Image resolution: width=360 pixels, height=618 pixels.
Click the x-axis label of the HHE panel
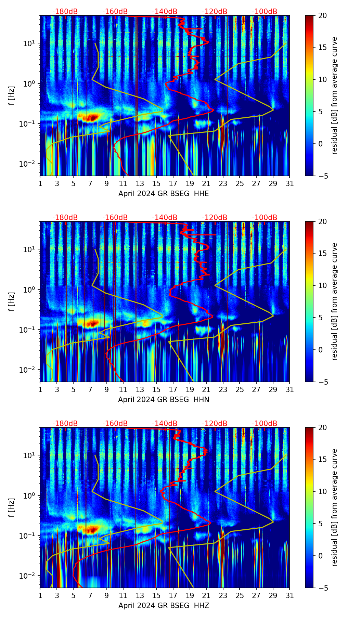[x=164, y=194]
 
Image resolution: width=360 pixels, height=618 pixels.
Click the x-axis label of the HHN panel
[x=164, y=400]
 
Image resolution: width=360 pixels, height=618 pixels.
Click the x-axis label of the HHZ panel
[x=164, y=606]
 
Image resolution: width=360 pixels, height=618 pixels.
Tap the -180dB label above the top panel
[x=65, y=12]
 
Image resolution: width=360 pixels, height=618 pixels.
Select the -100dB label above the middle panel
[x=265, y=218]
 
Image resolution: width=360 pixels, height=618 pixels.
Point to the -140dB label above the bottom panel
[x=165, y=424]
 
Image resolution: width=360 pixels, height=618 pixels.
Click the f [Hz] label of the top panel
[x=12, y=95]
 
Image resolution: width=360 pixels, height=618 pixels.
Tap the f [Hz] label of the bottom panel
[x=12, y=507]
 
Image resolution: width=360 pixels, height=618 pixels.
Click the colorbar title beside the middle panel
[x=334, y=301]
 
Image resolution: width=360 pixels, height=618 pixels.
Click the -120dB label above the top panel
[x=215, y=12]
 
